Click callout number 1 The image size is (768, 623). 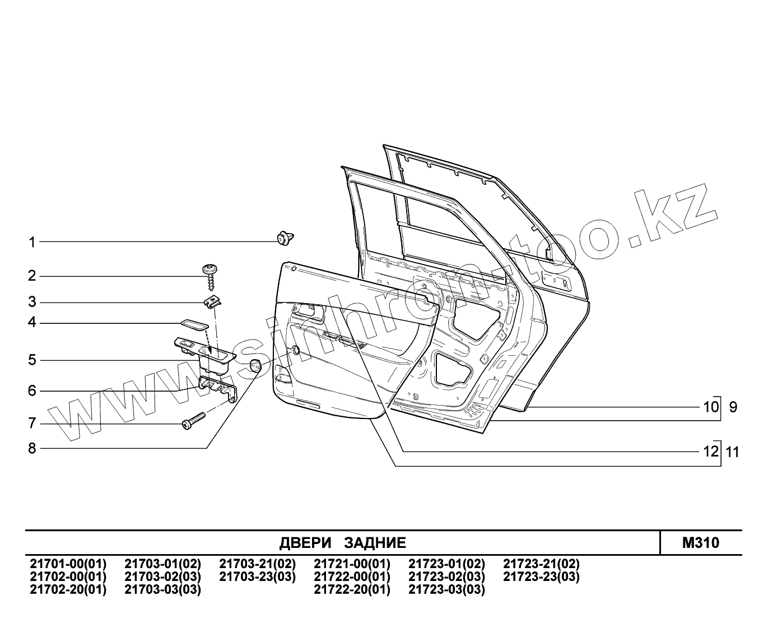coord(32,242)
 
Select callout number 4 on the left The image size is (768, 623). coord(32,323)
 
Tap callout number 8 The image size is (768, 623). coord(32,448)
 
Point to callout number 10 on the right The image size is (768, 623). coord(710,406)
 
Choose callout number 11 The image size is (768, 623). coord(733,452)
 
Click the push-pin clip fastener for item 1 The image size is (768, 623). coord(286,238)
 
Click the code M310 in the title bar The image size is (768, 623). coord(701,542)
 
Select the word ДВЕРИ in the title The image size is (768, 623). coord(305,543)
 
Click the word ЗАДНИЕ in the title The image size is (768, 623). coord(375,543)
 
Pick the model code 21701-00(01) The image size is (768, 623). coord(68,564)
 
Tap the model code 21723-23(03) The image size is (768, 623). coord(541,576)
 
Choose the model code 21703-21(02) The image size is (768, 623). coord(257,564)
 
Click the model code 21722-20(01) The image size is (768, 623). coord(352,589)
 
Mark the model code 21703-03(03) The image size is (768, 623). coord(162,589)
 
